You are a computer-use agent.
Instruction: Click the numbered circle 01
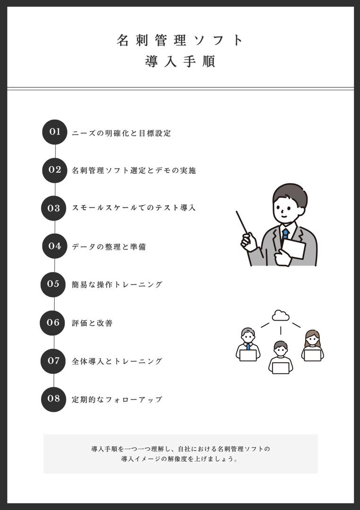click(x=55, y=132)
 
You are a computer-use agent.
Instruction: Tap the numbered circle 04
click(x=55, y=246)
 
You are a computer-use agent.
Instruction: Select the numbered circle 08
click(x=54, y=399)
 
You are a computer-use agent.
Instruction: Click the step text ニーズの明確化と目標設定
click(x=121, y=133)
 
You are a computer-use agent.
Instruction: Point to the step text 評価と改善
click(x=92, y=323)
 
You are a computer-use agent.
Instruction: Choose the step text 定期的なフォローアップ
click(x=117, y=399)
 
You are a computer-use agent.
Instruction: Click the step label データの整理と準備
click(x=109, y=246)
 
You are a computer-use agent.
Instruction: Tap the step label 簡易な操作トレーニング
click(x=117, y=284)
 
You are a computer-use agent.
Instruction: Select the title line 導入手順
click(x=180, y=61)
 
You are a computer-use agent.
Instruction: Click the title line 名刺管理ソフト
click(x=180, y=40)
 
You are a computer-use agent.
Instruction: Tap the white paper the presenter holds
click(x=293, y=249)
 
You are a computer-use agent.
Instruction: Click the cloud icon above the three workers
click(x=280, y=315)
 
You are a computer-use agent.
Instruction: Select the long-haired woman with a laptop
click(x=312, y=345)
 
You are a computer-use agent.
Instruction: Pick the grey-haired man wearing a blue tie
click(x=248, y=344)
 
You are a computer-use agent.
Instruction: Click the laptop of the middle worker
click(x=281, y=368)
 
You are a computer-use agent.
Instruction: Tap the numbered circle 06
click(x=53, y=323)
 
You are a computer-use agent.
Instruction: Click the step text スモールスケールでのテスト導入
click(x=134, y=207)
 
